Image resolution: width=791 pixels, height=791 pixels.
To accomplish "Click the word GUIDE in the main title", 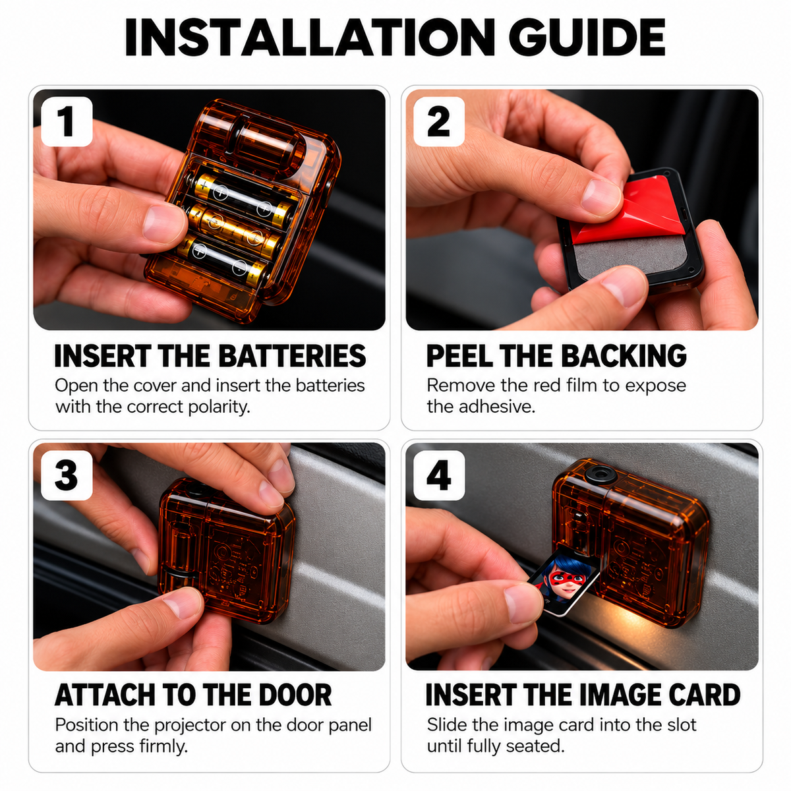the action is click(x=587, y=38).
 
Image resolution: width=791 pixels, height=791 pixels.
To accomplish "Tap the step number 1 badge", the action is click(x=67, y=121).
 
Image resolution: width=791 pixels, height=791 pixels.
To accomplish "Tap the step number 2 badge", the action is click(x=439, y=121).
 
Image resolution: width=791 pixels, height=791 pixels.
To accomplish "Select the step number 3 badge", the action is click(x=67, y=475).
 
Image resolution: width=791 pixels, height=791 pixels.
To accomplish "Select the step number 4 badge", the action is click(x=439, y=475).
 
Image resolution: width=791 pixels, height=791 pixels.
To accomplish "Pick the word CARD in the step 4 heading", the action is click(x=704, y=695).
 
